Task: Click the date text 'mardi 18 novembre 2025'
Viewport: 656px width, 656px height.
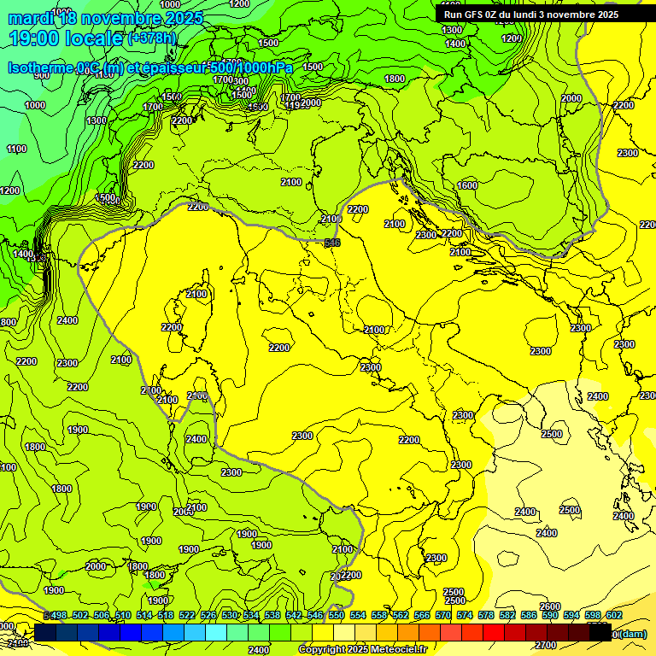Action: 106,18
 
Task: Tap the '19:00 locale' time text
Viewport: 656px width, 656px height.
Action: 65,38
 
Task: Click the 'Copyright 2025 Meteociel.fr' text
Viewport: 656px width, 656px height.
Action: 362,649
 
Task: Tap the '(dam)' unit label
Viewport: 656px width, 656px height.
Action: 632,633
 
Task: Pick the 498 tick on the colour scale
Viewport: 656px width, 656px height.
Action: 58,615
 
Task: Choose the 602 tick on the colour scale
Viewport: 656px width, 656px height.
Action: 613,615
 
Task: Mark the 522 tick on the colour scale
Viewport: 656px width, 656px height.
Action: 186,615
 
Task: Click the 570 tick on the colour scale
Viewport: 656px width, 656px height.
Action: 442,615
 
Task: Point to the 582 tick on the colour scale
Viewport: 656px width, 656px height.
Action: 507,615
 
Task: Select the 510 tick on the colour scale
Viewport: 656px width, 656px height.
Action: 122,615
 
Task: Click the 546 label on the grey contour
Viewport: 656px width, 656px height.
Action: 332,244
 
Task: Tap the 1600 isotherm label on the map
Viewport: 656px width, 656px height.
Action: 467,185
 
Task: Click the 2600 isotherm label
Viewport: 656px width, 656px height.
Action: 550,606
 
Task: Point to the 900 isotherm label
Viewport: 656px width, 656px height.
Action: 41,76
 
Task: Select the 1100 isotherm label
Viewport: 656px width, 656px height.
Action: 16,149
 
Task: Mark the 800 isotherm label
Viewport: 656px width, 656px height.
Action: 7,322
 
